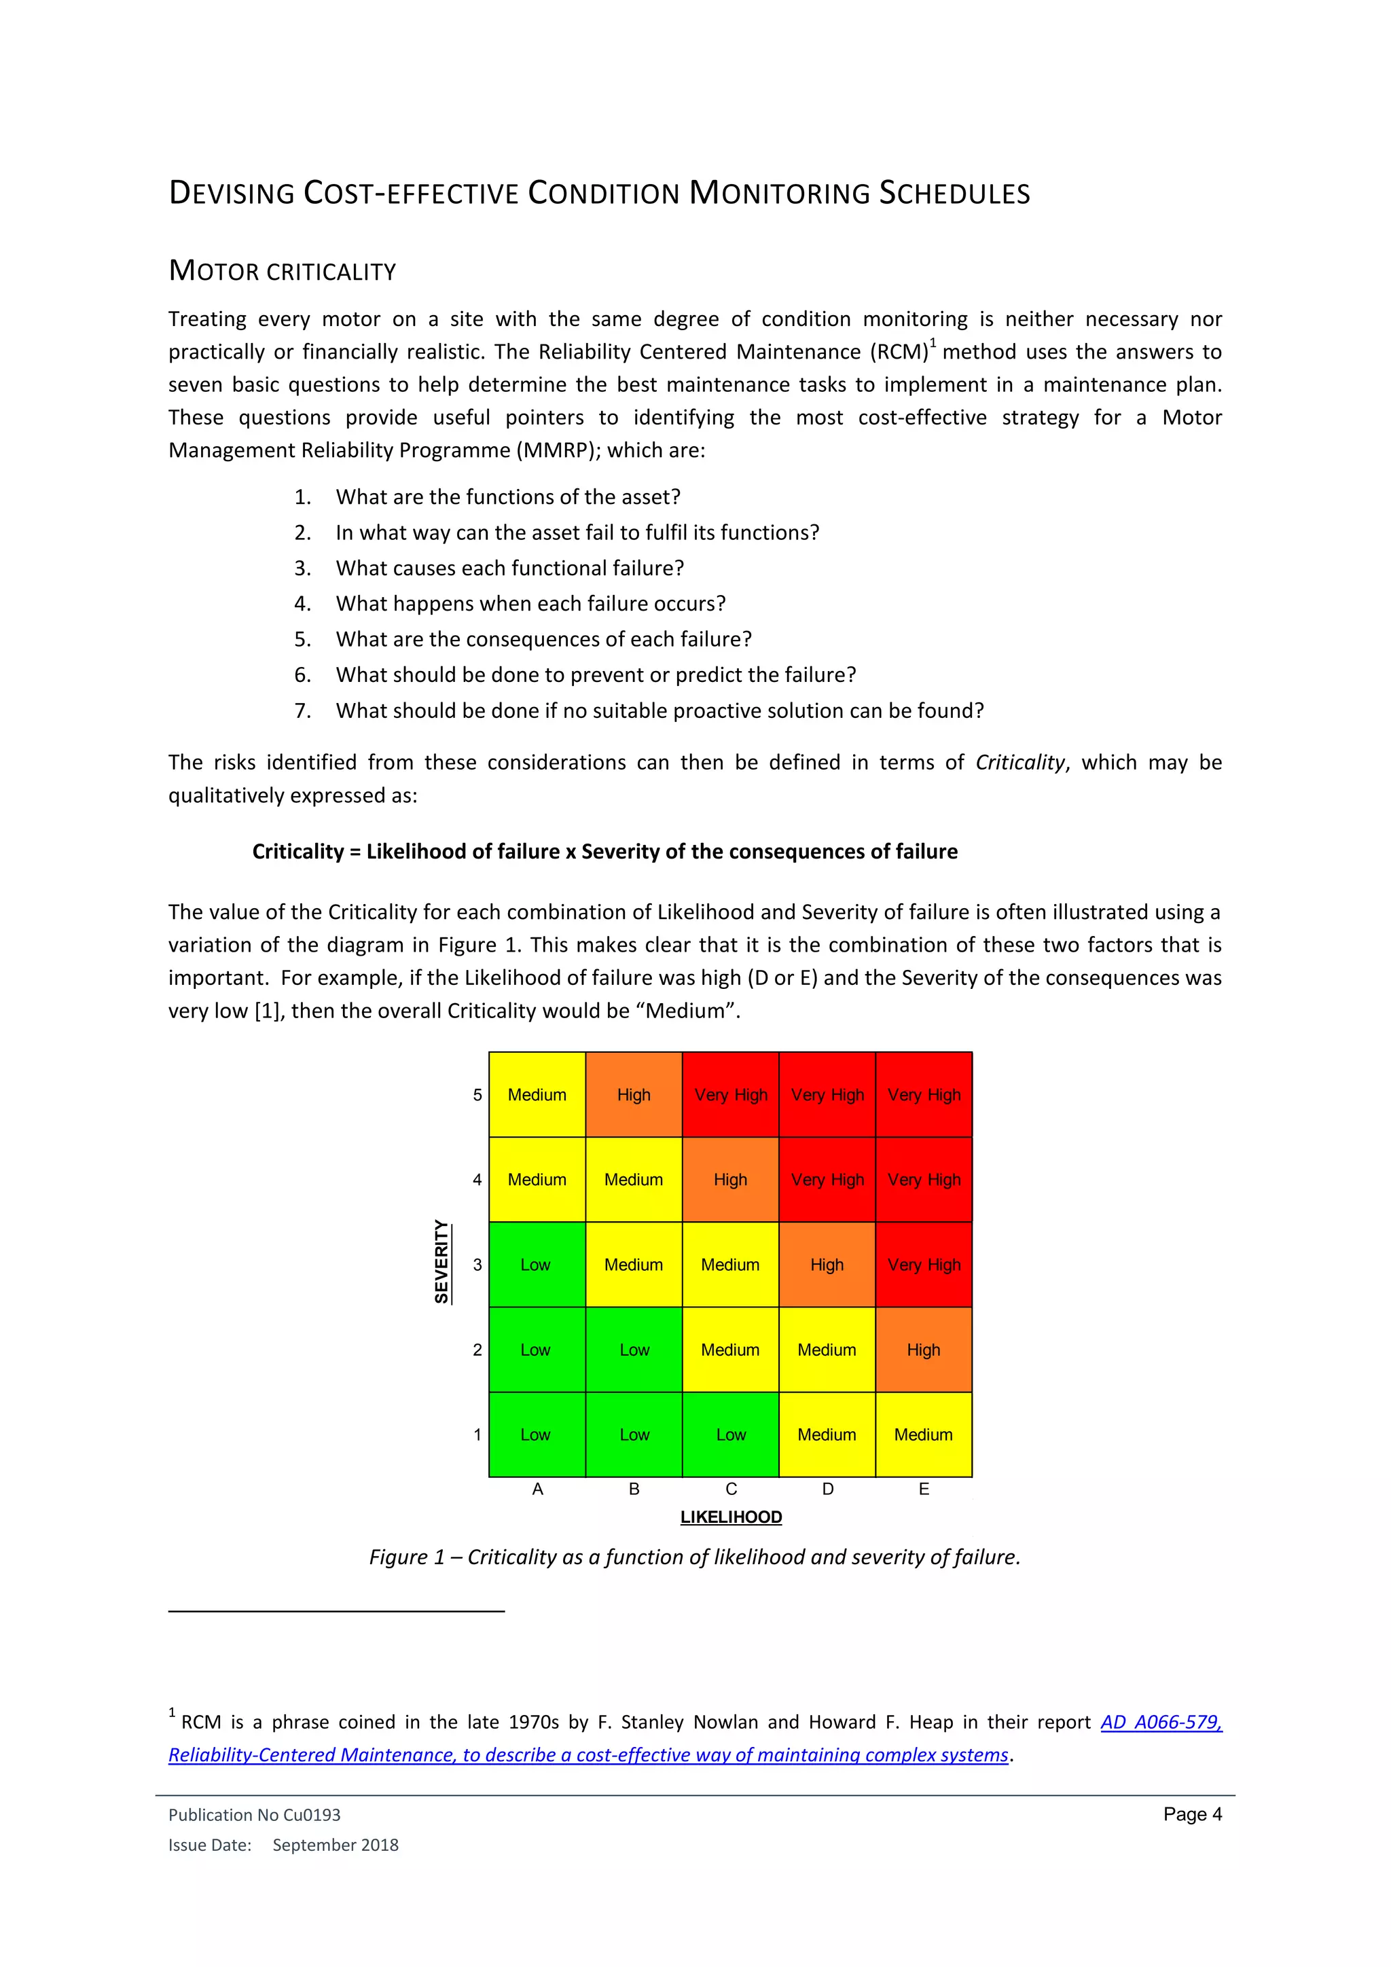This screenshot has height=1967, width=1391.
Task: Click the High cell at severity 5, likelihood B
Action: (x=634, y=1095)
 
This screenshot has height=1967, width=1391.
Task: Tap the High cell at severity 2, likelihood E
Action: (x=923, y=1350)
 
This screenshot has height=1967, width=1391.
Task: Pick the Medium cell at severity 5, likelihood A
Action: (x=537, y=1095)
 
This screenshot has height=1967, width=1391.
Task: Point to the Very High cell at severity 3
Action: (x=923, y=1265)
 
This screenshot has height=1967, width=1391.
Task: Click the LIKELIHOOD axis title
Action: (x=731, y=1517)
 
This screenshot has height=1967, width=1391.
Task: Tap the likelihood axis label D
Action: (x=827, y=1489)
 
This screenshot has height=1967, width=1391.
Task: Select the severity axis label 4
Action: (x=477, y=1180)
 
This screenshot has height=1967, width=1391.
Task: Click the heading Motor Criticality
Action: (x=283, y=271)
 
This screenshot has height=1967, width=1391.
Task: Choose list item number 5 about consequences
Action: (x=543, y=639)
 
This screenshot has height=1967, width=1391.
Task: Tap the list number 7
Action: (x=302, y=710)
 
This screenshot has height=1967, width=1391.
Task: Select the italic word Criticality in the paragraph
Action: (x=1019, y=763)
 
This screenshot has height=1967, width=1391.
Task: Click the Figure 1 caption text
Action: (x=695, y=1557)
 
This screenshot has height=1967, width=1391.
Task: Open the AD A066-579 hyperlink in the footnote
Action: (x=1161, y=1721)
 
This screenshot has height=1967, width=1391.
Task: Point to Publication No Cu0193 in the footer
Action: (x=255, y=1814)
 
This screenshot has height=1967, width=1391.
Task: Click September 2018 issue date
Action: (x=335, y=1845)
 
